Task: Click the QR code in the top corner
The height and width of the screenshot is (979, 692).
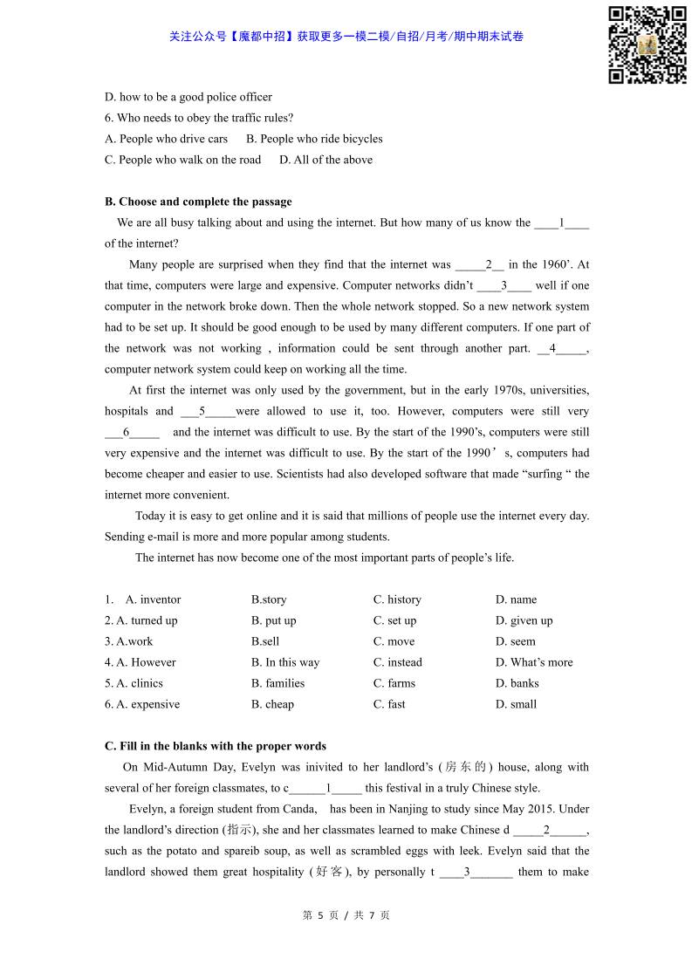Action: tap(647, 44)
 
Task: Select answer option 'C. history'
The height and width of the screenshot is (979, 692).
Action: tap(397, 599)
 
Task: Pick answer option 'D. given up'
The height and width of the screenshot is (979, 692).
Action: tap(524, 620)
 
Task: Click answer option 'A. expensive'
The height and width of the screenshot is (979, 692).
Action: tap(142, 704)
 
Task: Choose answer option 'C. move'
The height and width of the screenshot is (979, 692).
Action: tap(394, 641)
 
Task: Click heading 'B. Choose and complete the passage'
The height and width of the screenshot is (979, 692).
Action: tap(198, 202)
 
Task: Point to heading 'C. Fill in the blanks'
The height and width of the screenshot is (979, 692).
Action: tap(216, 746)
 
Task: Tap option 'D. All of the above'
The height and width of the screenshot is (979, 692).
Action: tap(325, 160)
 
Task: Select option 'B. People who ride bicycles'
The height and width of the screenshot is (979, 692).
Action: tap(314, 139)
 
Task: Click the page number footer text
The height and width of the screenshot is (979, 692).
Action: tap(346, 915)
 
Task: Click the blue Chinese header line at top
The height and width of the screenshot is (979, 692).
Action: tap(346, 37)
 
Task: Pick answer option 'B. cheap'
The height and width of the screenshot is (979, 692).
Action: tap(272, 704)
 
